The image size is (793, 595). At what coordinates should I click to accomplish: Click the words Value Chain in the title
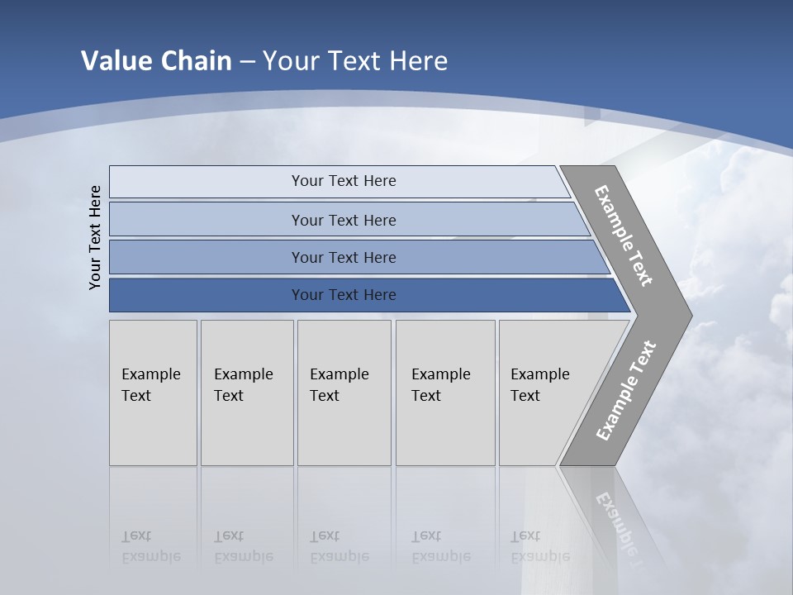pos(156,61)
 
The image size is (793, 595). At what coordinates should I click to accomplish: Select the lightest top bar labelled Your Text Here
pos(343,181)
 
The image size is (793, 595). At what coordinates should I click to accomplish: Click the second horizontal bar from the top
pos(343,220)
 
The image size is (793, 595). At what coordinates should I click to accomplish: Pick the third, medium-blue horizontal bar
pos(343,257)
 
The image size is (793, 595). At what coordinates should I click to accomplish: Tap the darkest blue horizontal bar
pos(343,295)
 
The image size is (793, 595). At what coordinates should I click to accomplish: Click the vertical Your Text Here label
pos(95,237)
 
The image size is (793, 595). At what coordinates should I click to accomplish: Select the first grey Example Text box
pos(153,393)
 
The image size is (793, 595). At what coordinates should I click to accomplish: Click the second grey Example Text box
pos(247,393)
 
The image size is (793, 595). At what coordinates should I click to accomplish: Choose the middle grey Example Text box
pos(344,393)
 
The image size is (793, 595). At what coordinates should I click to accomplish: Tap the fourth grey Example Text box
pos(445,393)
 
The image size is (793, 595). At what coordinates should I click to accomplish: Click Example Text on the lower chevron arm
pos(625,390)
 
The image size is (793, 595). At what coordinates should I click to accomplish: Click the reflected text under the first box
pos(150,546)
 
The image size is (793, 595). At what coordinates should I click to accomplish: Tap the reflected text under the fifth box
pos(539,546)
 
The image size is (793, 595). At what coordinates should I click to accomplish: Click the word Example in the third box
pos(339,374)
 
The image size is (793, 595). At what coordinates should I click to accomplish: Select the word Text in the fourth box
pos(426,396)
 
